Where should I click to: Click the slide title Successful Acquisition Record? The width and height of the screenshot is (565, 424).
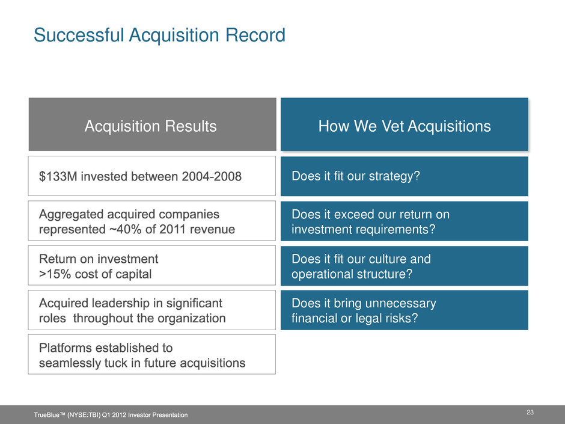pos(160,35)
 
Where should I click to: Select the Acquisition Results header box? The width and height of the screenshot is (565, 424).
pos(153,124)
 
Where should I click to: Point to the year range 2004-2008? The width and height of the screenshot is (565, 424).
pos(212,176)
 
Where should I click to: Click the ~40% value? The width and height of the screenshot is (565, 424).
pos(126,229)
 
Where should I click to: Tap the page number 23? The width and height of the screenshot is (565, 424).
pos(530,412)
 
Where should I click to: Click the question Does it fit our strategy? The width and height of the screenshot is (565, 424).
pos(356,176)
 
